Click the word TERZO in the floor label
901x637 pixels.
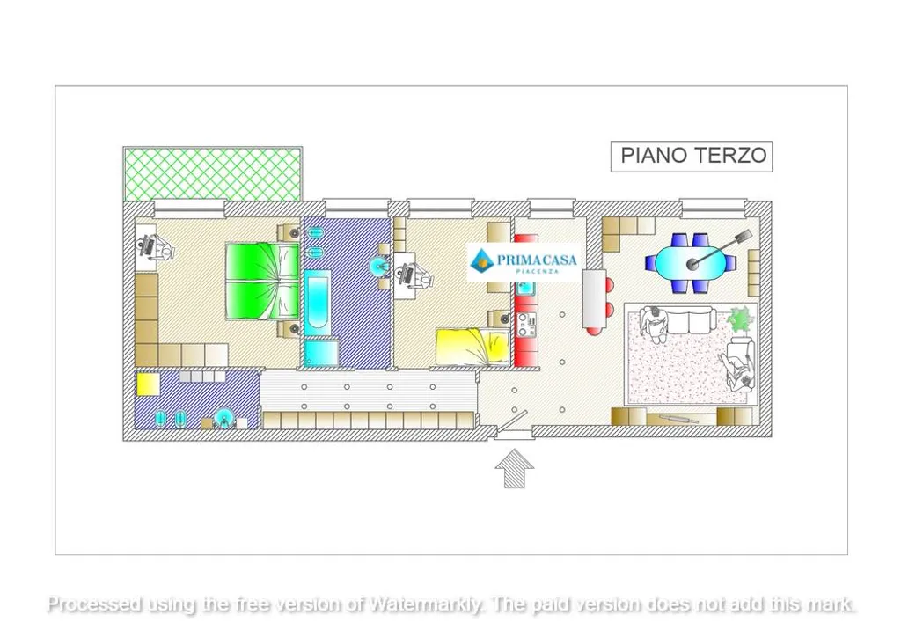point(730,156)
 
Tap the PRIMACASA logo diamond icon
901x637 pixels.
point(481,261)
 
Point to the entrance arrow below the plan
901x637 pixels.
point(514,469)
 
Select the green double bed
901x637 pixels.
point(262,281)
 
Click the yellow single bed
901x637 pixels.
point(472,347)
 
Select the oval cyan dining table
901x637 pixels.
point(690,262)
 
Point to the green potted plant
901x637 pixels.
point(739,318)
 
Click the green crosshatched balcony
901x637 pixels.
point(213,173)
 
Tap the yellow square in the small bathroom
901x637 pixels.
point(148,384)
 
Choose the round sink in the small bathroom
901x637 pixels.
point(223,418)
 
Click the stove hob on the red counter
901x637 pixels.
point(526,325)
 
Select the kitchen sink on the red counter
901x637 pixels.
point(526,289)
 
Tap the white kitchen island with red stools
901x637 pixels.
point(594,298)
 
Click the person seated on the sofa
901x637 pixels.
point(653,324)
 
